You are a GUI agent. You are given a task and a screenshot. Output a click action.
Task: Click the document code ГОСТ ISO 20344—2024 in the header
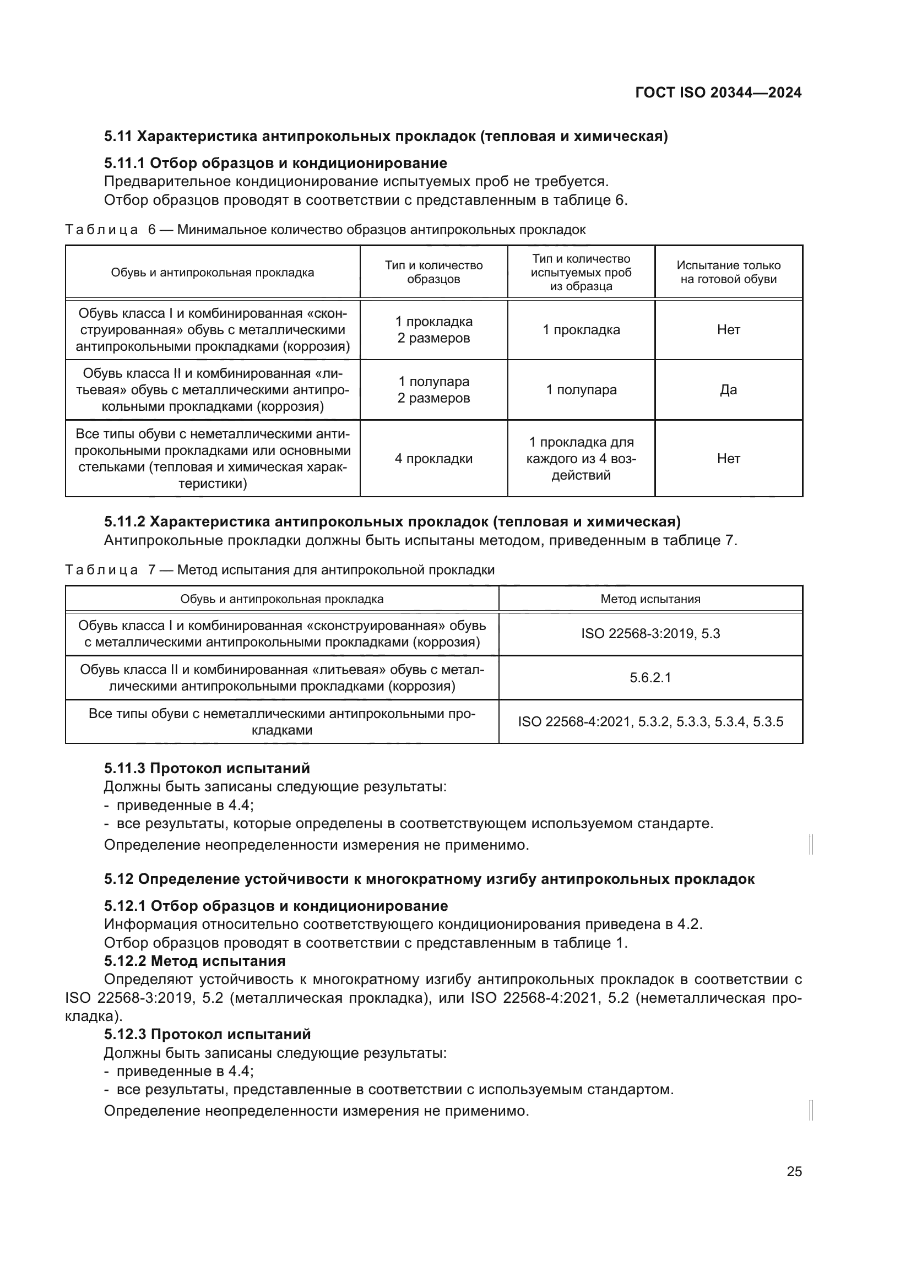click(718, 93)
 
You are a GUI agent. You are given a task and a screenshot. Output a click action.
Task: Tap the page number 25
click(794, 1171)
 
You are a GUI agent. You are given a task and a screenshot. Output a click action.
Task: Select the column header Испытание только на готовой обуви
click(728, 272)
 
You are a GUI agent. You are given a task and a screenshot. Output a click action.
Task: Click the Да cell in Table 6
click(728, 390)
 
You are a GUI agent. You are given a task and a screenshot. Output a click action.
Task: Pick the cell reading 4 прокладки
click(433, 458)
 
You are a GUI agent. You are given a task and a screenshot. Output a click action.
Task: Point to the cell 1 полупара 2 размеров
click(433, 390)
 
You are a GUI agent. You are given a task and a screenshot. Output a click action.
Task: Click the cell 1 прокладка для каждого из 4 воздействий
click(581, 458)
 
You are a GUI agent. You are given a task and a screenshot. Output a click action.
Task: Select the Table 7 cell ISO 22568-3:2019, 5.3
click(650, 634)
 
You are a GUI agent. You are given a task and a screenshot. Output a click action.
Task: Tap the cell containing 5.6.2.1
click(650, 678)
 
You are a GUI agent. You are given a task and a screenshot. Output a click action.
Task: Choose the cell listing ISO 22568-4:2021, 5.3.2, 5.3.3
click(650, 721)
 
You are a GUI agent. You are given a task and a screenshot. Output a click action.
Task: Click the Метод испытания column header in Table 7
click(650, 599)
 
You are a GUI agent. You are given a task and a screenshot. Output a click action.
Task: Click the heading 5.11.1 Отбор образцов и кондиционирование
click(275, 163)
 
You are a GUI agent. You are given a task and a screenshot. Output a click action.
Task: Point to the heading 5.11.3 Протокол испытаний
click(207, 768)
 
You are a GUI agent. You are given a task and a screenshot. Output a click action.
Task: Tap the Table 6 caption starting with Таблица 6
click(326, 230)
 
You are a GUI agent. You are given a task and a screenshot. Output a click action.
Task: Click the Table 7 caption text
click(279, 570)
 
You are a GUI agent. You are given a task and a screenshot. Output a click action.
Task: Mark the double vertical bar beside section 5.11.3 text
click(811, 844)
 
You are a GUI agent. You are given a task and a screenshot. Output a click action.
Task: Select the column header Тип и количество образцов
click(433, 272)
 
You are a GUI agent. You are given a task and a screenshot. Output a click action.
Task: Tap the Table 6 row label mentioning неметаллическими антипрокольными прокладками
click(213, 458)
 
